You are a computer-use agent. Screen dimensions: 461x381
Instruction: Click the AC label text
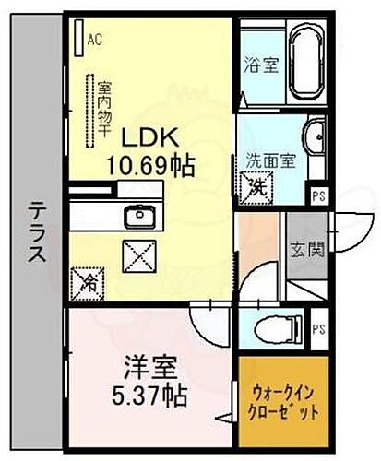[94, 40]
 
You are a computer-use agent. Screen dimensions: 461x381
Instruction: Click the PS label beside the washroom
[318, 195]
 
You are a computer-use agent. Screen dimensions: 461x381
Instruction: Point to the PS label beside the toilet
[318, 328]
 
